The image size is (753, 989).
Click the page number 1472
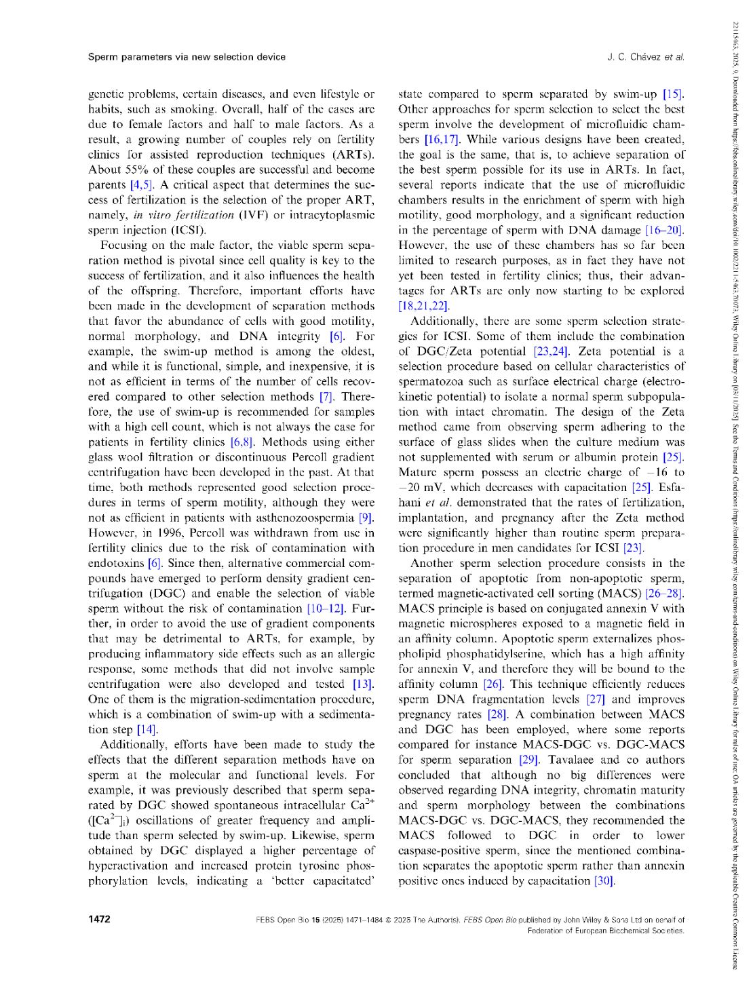(99, 919)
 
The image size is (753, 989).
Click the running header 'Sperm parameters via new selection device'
(187, 57)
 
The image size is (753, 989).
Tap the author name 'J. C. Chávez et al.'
(645, 57)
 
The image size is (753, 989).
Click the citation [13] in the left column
(363, 684)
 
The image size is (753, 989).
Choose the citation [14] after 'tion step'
(147, 730)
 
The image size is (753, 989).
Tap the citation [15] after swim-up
(673, 94)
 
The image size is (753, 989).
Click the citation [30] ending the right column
(603, 880)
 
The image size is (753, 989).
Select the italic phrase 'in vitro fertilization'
(178, 215)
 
